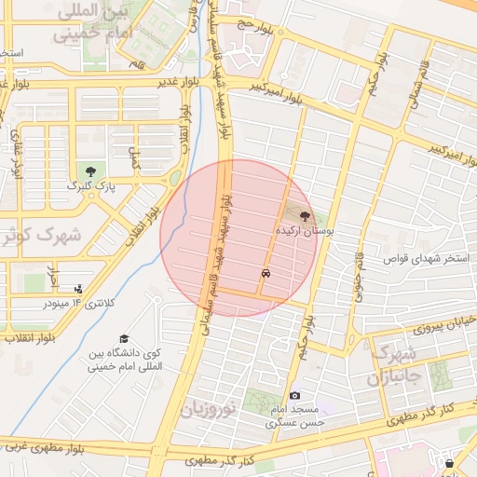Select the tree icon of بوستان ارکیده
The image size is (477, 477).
point(306,213)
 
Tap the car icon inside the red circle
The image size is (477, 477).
point(267,274)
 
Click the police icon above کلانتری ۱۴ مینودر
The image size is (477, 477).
point(77,289)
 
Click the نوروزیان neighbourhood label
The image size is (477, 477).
point(211,408)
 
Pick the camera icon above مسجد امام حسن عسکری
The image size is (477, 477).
point(295,396)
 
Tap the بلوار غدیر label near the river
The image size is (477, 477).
point(168,82)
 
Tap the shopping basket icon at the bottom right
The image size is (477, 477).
point(450,463)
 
